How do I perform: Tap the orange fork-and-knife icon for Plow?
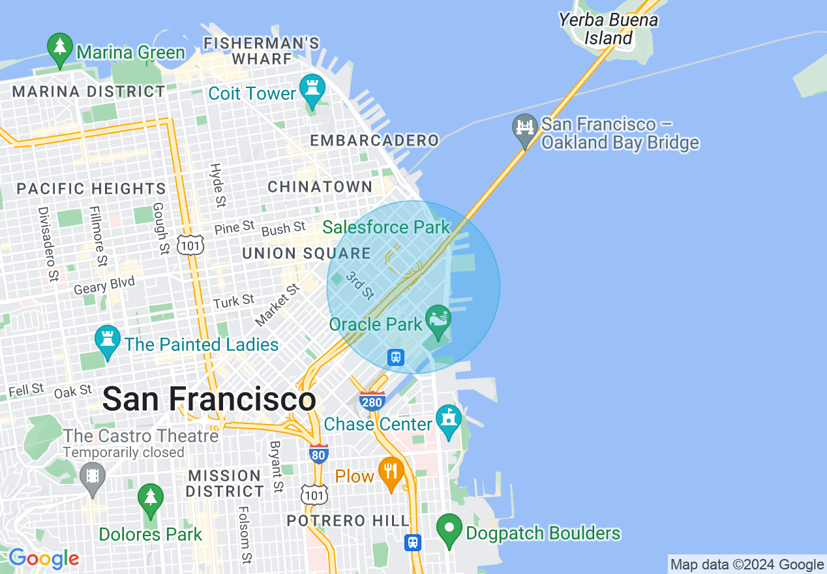pos(391,472)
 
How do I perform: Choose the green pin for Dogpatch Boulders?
pos(449,529)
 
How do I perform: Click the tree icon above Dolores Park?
pos(151,499)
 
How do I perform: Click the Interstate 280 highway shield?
pos(372,400)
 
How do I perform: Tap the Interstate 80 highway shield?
pos(318,454)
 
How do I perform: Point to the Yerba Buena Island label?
pos(608,29)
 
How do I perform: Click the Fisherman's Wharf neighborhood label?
pos(262,51)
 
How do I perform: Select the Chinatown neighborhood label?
pos(320,187)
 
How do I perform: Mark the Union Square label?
pos(306,253)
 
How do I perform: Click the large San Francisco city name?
pos(209,399)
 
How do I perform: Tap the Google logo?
pos(43,558)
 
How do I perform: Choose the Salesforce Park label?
pos(386,228)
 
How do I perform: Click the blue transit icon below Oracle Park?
pos(396,357)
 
